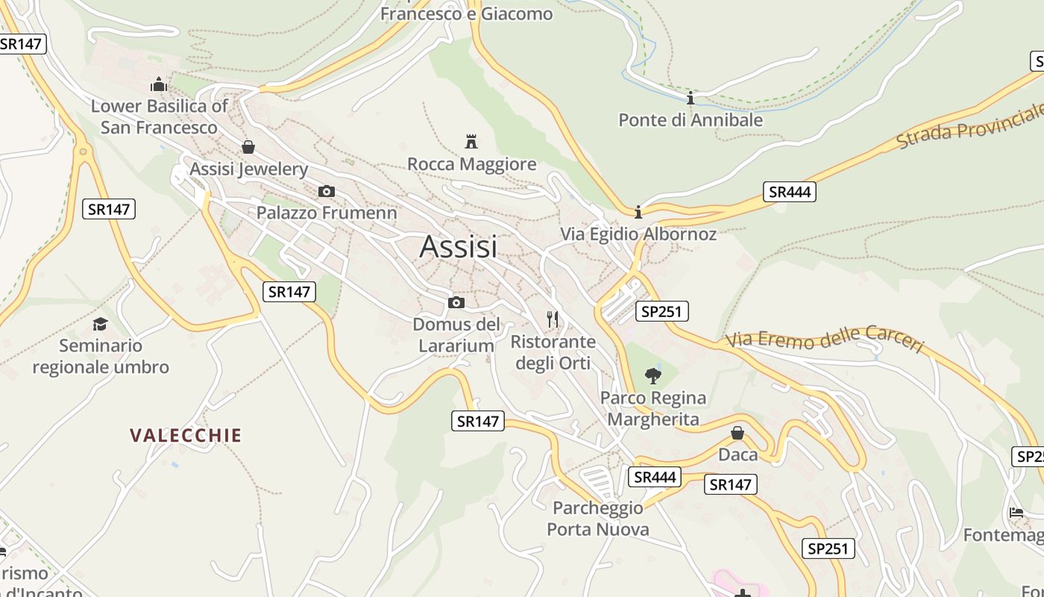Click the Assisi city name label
tap(458, 246)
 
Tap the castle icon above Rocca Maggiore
tap(471, 141)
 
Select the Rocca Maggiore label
tap(471, 164)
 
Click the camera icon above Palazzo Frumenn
tap(326, 192)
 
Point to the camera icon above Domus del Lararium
tap(456, 302)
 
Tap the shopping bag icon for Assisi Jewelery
tap(248, 147)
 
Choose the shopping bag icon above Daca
tap(738, 433)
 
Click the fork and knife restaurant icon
tap(553, 319)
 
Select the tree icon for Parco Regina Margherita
tap(653, 375)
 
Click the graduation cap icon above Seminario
tap(100, 324)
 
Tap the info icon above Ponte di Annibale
tap(691, 98)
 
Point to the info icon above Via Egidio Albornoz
tap(638, 212)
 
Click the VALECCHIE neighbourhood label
tap(186, 435)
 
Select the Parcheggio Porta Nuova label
tap(598, 519)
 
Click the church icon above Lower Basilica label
tap(159, 84)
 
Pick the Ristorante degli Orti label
tap(553, 352)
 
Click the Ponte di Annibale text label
tap(691, 119)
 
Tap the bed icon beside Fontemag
tap(1016, 513)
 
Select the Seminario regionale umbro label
tap(101, 356)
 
